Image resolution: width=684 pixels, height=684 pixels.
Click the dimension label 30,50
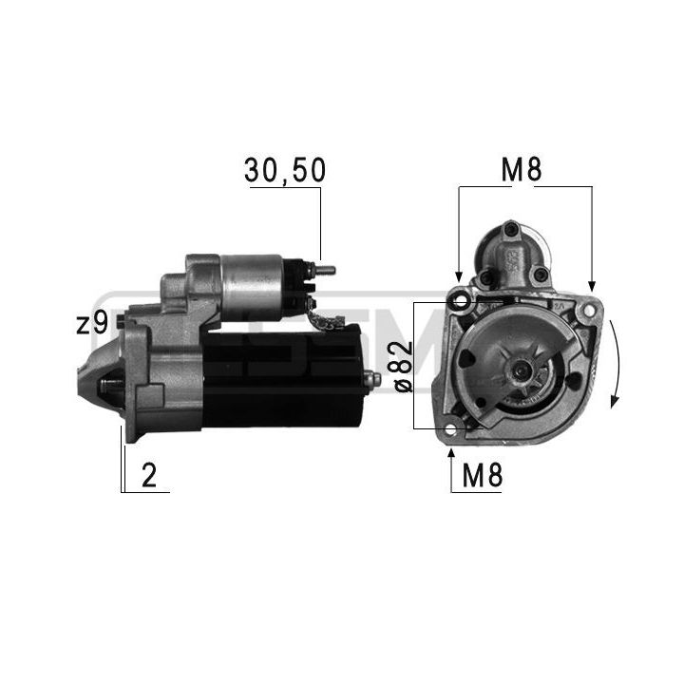[x=285, y=170]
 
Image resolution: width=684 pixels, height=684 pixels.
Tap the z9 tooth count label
[x=92, y=324]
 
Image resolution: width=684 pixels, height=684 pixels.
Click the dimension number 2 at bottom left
[x=149, y=476]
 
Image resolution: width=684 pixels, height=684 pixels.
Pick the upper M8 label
[x=522, y=170]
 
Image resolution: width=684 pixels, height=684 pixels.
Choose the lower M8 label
[x=482, y=476]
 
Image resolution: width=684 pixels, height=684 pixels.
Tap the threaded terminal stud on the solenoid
[x=325, y=270]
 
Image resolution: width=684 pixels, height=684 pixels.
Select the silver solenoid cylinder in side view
[x=252, y=287]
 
